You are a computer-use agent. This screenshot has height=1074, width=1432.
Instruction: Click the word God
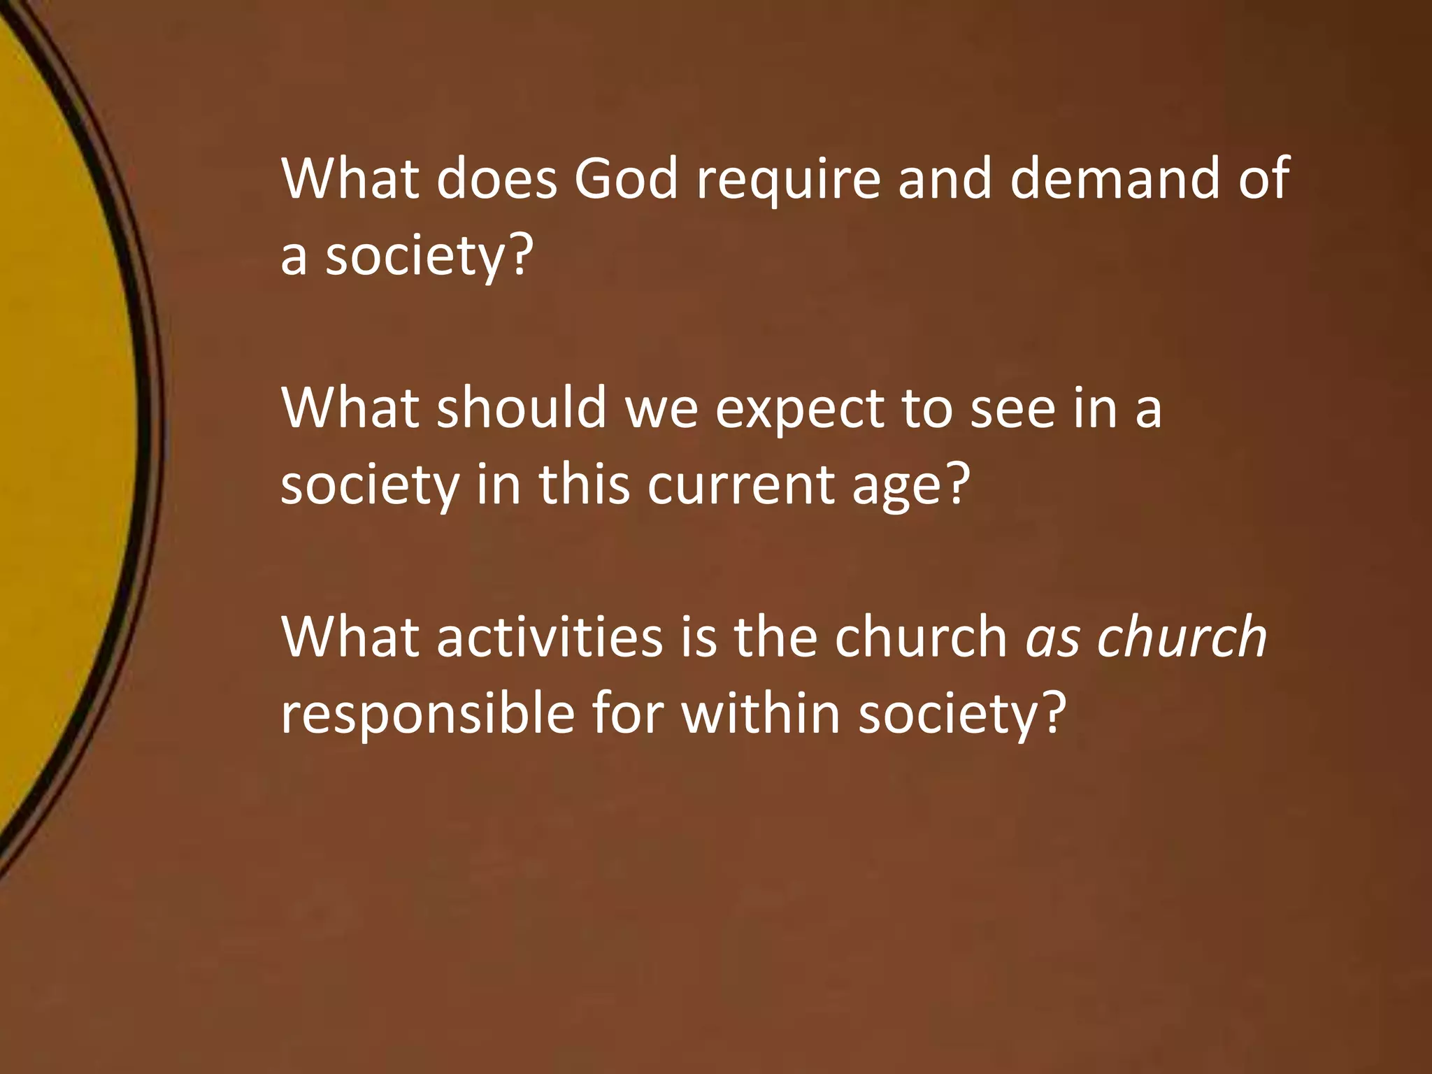(626, 179)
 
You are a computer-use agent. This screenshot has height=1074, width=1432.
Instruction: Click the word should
(522, 408)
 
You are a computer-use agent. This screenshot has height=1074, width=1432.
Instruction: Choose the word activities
(550, 637)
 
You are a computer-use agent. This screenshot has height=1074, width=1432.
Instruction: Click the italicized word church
(1182, 637)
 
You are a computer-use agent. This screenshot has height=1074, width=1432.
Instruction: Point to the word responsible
(427, 714)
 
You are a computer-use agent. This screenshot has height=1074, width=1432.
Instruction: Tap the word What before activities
(350, 637)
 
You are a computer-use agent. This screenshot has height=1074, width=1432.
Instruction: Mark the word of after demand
(1263, 179)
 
